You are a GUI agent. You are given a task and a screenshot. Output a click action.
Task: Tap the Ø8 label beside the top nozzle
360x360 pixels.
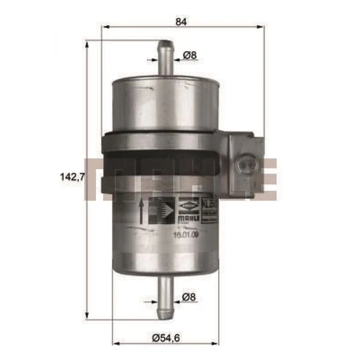click(190, 56)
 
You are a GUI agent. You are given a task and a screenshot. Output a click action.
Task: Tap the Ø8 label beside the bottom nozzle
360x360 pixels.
click(190, 297)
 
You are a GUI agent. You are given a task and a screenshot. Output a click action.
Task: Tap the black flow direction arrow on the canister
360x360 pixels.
click(141, 212)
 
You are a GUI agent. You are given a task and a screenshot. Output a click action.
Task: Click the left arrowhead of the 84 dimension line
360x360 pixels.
click(105, 27)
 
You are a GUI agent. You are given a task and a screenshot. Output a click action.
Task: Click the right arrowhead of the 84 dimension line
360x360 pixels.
click(262, 27)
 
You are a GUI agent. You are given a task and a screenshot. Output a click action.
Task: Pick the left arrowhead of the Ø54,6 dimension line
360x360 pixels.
click(116, 343)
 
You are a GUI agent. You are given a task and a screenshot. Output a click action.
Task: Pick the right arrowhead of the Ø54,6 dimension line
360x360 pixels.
click(216, 343)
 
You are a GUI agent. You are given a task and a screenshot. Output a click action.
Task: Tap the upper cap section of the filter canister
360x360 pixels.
click(166, 104)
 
